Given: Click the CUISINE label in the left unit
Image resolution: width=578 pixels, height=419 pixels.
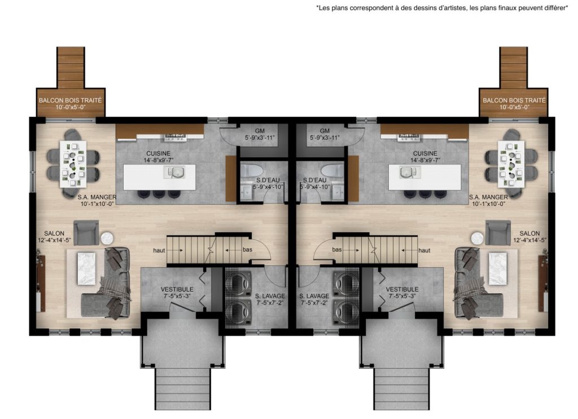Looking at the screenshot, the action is [x=158, y=153].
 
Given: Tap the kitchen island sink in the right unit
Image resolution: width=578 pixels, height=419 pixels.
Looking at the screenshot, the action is [x=410, y=172].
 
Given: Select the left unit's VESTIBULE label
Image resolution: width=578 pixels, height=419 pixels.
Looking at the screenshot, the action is [x=177, y=289].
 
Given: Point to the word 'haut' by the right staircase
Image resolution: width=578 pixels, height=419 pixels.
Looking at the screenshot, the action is [x=424, y=250].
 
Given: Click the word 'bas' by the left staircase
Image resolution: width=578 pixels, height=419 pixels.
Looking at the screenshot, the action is [x=247, y=250].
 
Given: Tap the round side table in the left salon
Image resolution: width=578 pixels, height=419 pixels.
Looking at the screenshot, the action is [x=107, y=238].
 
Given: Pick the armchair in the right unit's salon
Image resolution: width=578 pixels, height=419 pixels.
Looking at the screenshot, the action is [x=498, y=232].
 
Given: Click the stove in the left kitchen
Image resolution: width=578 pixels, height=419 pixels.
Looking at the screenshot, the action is [x=175, y=138].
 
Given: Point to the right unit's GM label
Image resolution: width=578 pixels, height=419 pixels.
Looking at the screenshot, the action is [x=325, y=131].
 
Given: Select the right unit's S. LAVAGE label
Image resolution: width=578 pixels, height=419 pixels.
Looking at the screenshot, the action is [x=314, y=296].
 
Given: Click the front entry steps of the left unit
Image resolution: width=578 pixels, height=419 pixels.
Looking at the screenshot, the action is [x=182, y=389].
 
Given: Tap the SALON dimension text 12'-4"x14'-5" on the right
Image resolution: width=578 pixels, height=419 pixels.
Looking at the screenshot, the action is [x=529, y=240].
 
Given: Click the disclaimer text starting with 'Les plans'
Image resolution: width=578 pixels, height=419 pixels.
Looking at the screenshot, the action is [x=442, y=8].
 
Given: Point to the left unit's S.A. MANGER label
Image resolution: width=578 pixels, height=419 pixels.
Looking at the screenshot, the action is [x=97, y=197].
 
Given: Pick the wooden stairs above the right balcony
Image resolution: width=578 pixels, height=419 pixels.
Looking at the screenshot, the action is [x=514, y=67].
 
